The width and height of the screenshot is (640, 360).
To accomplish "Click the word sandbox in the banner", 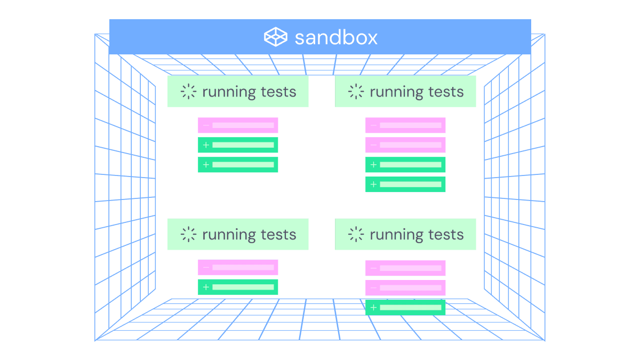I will pyautogui.click(x=336, y=37).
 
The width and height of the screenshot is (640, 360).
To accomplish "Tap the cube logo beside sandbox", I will pyautogui.click(x=276, y=37).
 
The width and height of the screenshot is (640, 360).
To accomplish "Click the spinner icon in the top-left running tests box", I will pyautogui.click(x=188, y=92).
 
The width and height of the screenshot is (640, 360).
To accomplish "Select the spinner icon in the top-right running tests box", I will pyautogui.click(x=356, y=92).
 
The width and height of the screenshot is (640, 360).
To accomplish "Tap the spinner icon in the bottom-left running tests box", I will pyautogui.click(x=188, y=235).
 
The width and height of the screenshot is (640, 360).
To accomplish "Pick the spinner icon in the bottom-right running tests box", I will pyautogui.click(x=356, y=235).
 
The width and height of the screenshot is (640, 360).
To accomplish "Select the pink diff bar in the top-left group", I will pyautogui.click(x=238, y=125).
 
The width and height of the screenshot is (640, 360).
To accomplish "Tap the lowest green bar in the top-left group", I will pyautogui.click(x=238, y=165).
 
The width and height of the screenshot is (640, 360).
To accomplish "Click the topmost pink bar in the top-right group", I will pyautogui.click(x=405, y=125).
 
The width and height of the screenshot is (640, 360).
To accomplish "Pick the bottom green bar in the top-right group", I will pyautogui.click(x=405, y=185).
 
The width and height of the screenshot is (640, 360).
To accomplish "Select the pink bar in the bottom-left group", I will pyautogui.click(x=238, y=268).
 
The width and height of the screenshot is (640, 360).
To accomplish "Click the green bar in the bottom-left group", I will pyautogui.click(x=238, y=287).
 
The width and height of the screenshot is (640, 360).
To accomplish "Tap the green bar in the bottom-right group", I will pyautogui.click(x=405, y=307).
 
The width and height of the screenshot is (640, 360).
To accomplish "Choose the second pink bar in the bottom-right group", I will pyautogui.click(x=405, y=288).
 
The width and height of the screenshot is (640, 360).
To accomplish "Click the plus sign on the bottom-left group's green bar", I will pyautogui.click(x=206, y=287).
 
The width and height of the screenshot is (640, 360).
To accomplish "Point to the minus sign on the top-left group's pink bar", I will pyautogui.click(x=206, y=125).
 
